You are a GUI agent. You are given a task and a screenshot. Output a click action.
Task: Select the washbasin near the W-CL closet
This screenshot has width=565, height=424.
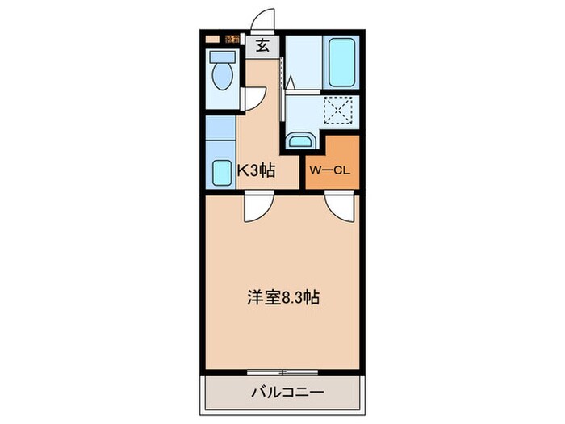[300, 141]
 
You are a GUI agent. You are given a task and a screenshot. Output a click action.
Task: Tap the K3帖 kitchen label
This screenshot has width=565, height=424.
[256, 170]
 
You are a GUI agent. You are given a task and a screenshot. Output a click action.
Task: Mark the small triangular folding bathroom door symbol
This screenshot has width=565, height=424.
[289, 83]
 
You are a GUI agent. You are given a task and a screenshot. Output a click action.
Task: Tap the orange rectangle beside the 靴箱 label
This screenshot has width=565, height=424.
[212, 38]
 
